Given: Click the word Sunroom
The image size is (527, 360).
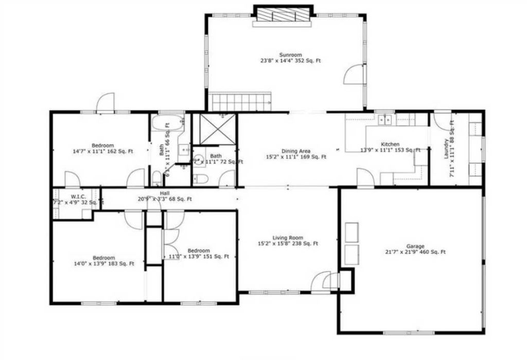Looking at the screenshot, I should (x=290, y=55).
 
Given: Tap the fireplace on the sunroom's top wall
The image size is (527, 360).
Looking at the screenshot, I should (x=283, y=15).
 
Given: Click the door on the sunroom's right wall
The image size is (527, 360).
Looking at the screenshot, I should (x=354, y=75).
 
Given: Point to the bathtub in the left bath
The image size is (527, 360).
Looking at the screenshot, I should (x=168, y=124).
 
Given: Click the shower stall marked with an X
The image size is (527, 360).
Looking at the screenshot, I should (x=215, y=129).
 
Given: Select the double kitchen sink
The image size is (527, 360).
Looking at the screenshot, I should (x=384, y=120).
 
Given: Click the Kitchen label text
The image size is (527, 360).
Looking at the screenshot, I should (x=390, y=145).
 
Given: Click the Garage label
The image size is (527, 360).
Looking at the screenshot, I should (x=415, y=246).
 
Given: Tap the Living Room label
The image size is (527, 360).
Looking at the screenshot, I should (x=287, y=237).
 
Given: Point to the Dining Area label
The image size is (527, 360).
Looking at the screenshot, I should (x=295, y=151).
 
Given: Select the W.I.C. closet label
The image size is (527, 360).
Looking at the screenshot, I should (x=64, y=196).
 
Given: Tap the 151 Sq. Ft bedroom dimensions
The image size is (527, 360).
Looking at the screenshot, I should (x=199, y=257).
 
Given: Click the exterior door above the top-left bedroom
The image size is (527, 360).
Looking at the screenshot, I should (x=106, y=102).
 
